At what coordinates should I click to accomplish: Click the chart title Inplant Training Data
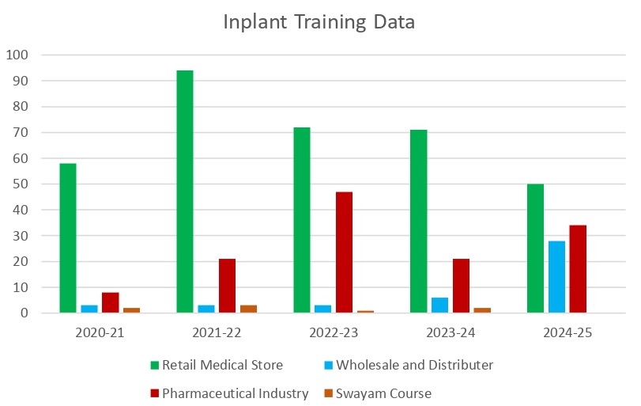pos(319,21)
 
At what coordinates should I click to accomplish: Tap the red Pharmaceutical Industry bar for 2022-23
pos(344,252)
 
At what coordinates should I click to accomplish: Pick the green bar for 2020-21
pos(68,238)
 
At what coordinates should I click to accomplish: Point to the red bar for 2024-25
pos(578,269)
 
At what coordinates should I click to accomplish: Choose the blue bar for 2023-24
pos(439,305)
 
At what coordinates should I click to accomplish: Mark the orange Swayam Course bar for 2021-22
pos(248,309)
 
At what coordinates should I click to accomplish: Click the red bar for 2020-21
pos(111,303)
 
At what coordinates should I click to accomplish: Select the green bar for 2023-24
pos(419,222)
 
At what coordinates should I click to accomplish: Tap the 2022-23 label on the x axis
pos(333,333)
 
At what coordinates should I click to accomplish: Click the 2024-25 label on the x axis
pos(567,333)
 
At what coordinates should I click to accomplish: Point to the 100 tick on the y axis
pos(17,55)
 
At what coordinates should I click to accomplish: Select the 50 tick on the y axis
pos(21,184)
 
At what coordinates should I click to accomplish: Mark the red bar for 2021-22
pos(227,286)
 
